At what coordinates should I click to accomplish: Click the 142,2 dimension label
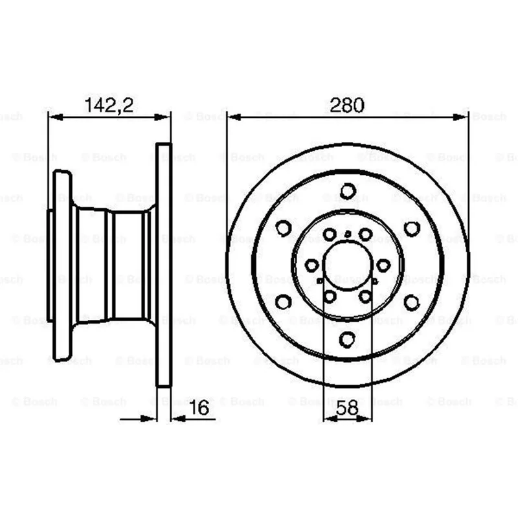tap(109, 106)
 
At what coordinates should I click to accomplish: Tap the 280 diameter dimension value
tap(347, 105)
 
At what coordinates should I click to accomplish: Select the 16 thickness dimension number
tap(199, 407)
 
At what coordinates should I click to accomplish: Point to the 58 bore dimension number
tap(347, 408)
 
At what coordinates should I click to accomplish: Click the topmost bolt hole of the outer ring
tap(348, 191)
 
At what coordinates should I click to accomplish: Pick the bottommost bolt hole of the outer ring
tap(348, 339)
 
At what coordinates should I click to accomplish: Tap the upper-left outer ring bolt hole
tap(284, 228)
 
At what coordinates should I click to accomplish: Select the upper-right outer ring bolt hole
tap(412, 229)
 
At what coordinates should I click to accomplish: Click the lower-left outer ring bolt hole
tap(283, 302)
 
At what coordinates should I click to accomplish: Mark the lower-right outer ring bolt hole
tap(412, 302)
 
